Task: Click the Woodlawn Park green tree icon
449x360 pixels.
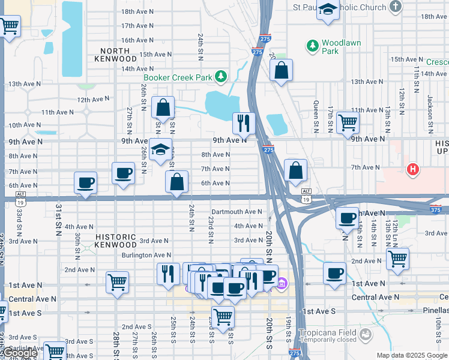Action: point(312,46)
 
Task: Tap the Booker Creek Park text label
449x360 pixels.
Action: point(178,77)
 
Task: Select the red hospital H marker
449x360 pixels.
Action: point(412,170)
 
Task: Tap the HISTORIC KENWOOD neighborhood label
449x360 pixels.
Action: point(116,241)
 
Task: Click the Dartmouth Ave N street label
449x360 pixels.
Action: point(237,212)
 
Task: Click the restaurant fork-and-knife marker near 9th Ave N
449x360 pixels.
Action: point(244,123)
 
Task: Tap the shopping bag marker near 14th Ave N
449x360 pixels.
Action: point(281,70)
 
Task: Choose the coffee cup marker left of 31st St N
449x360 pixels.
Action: point(85,182)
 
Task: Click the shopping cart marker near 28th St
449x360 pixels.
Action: point(117,281)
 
